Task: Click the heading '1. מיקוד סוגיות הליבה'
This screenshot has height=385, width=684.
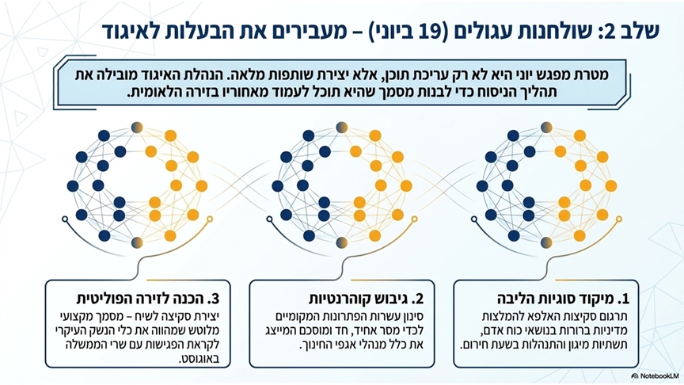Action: click(x=563, y=299)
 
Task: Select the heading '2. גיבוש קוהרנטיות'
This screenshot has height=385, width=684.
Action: click(x=367, y=299)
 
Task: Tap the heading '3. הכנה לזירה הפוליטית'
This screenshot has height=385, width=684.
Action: click(x=147, y=299)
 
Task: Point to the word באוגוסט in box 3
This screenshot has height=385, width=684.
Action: click(x=199, y=360)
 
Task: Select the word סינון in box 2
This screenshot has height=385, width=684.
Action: click(x=412, y=316)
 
